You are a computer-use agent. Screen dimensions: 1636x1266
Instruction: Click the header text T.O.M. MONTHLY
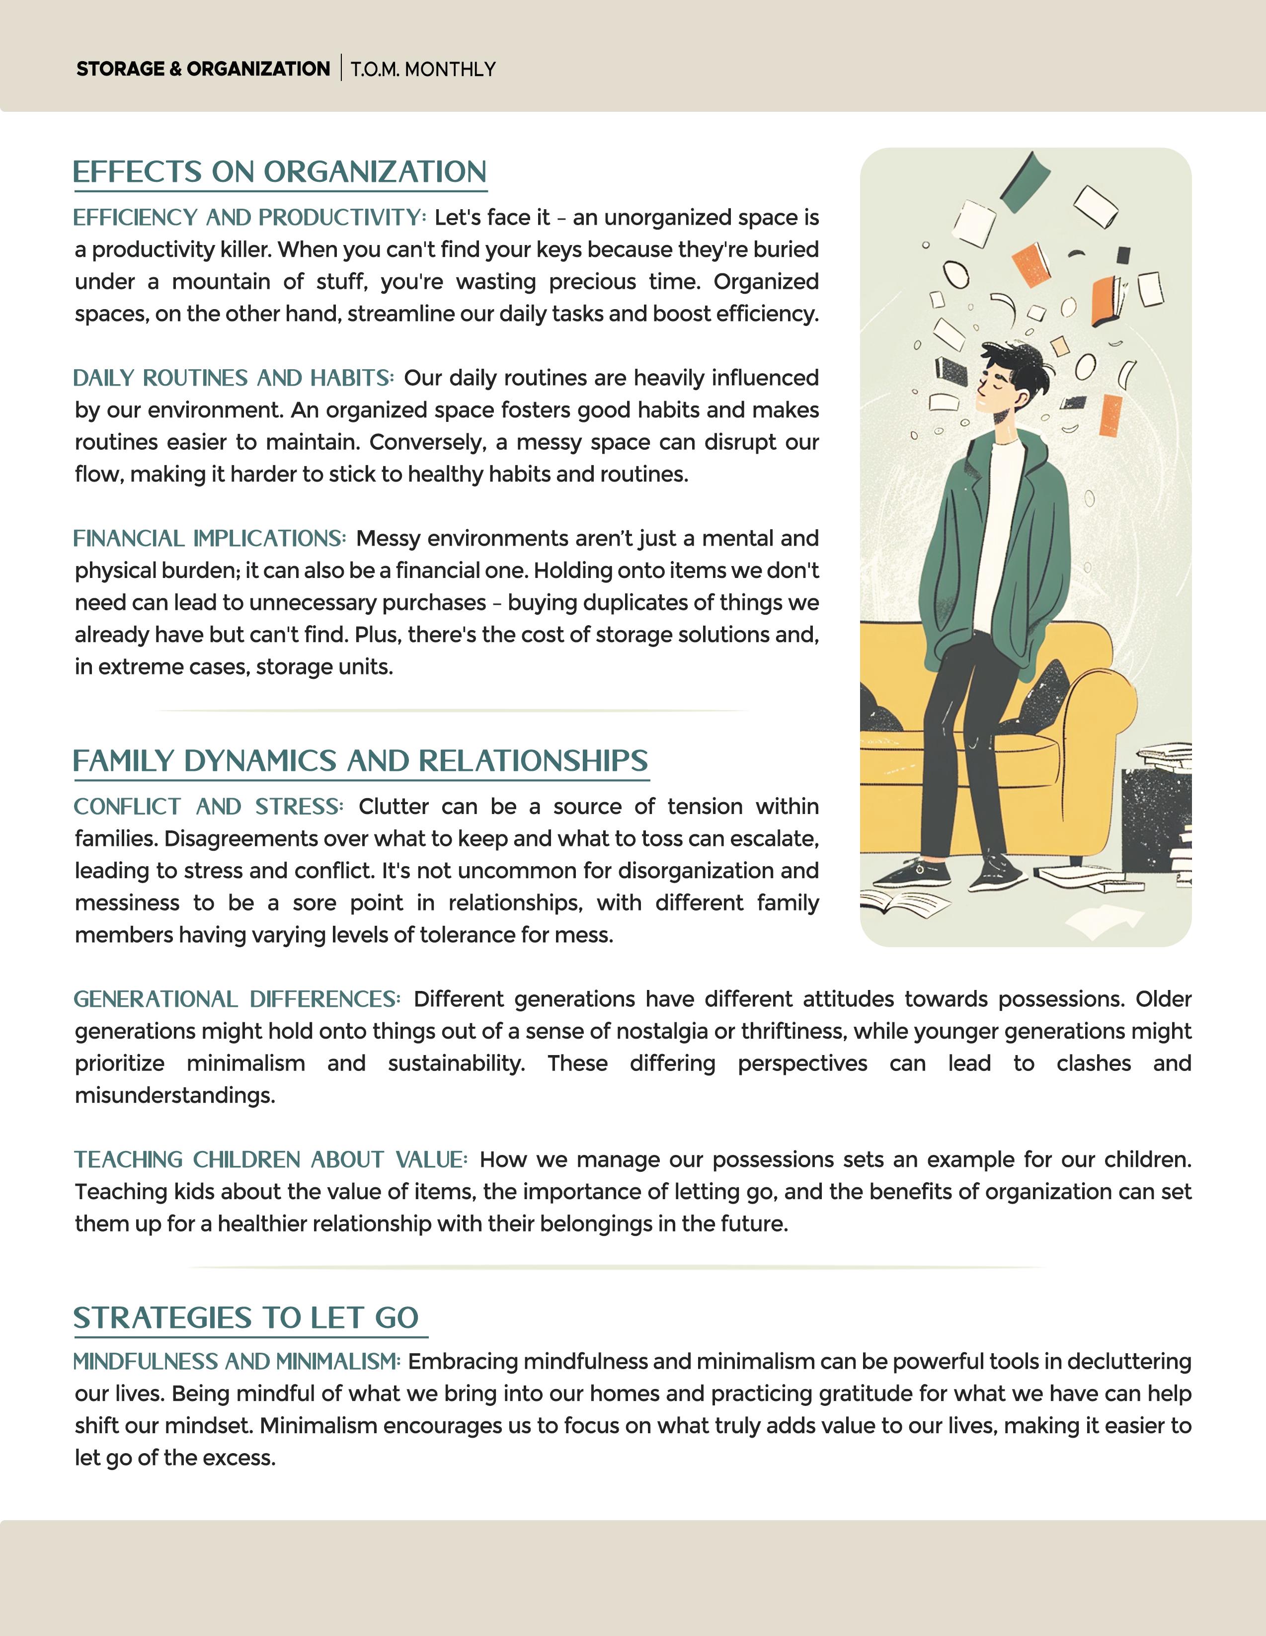[x=423, y=69]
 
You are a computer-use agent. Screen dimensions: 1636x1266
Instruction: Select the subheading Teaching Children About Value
[x=270, y=1159]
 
